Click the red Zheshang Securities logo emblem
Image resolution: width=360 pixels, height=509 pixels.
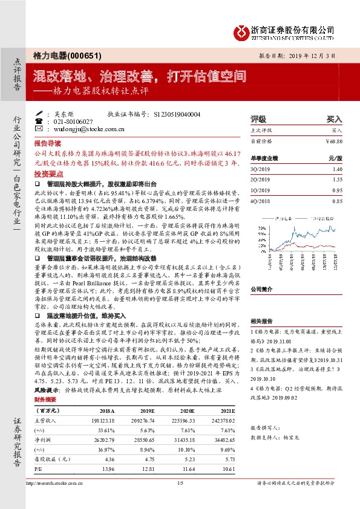241,30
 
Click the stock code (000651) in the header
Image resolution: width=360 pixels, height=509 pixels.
82,54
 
